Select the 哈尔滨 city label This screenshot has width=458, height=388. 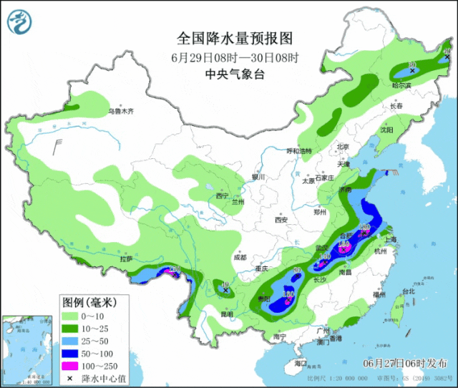pyautogui.click(x=403, y=85)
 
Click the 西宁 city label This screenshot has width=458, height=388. pyautogui.click(x=222, y=195)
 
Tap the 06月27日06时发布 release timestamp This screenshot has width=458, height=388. pyautogui.click(x=405, y=363)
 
